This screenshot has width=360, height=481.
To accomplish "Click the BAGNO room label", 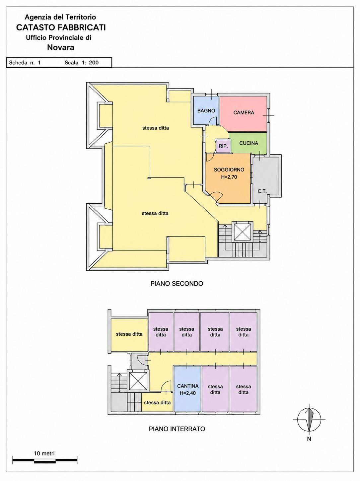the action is [x=206, y=111].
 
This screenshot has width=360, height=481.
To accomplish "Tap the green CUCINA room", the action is [x=249, y=143].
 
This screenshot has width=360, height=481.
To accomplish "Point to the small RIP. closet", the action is [x=223, y=146].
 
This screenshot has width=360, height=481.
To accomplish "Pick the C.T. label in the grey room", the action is [x=262, y=191].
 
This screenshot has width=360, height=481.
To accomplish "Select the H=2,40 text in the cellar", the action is [x=188, y=393].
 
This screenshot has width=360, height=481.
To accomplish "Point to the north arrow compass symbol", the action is [x=309, y=420].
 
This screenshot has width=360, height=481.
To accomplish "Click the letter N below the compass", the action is [x=309, y=439].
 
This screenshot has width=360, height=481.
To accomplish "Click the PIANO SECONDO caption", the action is [x=177, y=284].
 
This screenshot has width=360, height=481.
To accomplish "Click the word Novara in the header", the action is [x=61, y=47].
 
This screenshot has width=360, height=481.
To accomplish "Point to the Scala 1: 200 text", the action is [x=82, y=63].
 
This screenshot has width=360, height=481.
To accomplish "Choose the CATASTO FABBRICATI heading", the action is [x=61, y=28].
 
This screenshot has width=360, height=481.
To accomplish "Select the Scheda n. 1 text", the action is [x=25, y=63].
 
